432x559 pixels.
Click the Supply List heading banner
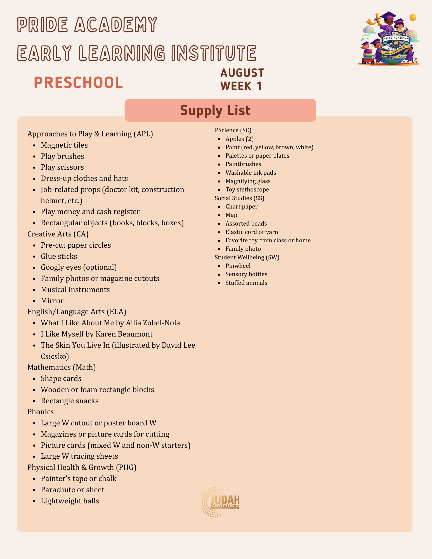[220, 110]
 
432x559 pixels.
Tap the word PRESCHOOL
[78, 83]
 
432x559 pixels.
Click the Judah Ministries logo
[220, 502]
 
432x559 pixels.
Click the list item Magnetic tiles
[64, 145]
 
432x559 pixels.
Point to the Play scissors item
[62, 167]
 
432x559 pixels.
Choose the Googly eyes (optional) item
[79, 267]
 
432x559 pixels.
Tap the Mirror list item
[52, 301]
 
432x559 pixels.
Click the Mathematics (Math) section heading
[62, 367]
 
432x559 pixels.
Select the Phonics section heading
[41, 412]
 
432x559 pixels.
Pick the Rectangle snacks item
[69, 401]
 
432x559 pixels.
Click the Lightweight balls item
[70, 501]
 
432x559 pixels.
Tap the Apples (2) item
[239, 139]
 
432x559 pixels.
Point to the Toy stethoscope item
[247, 190]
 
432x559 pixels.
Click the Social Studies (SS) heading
[239, 198]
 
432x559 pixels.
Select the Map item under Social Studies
[231, 215]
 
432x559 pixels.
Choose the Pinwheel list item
[238, 266]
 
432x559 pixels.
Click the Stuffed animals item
[246, 283]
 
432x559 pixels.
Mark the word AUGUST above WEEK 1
[242, 73]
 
